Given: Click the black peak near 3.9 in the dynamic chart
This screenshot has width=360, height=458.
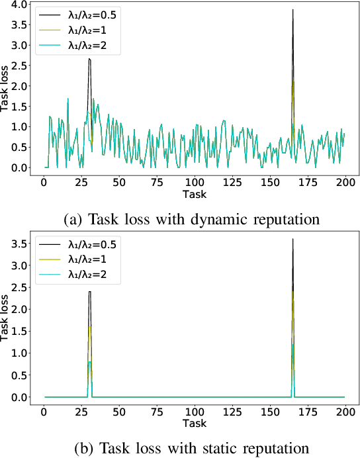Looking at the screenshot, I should click(292, 10).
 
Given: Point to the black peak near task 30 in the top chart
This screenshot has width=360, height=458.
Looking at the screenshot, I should click(89, 59).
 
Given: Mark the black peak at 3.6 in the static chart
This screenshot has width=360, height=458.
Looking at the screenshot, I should click(292, 239).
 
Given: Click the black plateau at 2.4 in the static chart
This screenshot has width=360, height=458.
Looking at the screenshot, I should click(89, 292).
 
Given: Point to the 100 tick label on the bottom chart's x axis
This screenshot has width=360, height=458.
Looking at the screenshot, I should click(195, 411).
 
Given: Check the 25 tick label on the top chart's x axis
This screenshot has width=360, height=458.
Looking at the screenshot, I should click(82, 182).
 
